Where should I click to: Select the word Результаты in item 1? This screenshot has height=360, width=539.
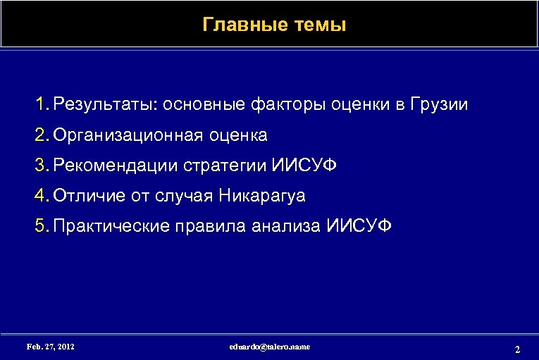point(106,106)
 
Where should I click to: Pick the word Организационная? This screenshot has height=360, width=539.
point(126,135)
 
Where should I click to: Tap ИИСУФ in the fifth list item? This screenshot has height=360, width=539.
point(359,225)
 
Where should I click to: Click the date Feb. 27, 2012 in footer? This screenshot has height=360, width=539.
point(50,347)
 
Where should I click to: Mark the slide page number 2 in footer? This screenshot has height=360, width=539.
point(517,349)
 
